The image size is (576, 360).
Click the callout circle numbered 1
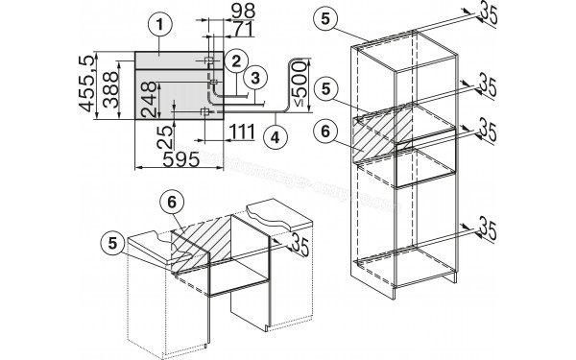(162, 23)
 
